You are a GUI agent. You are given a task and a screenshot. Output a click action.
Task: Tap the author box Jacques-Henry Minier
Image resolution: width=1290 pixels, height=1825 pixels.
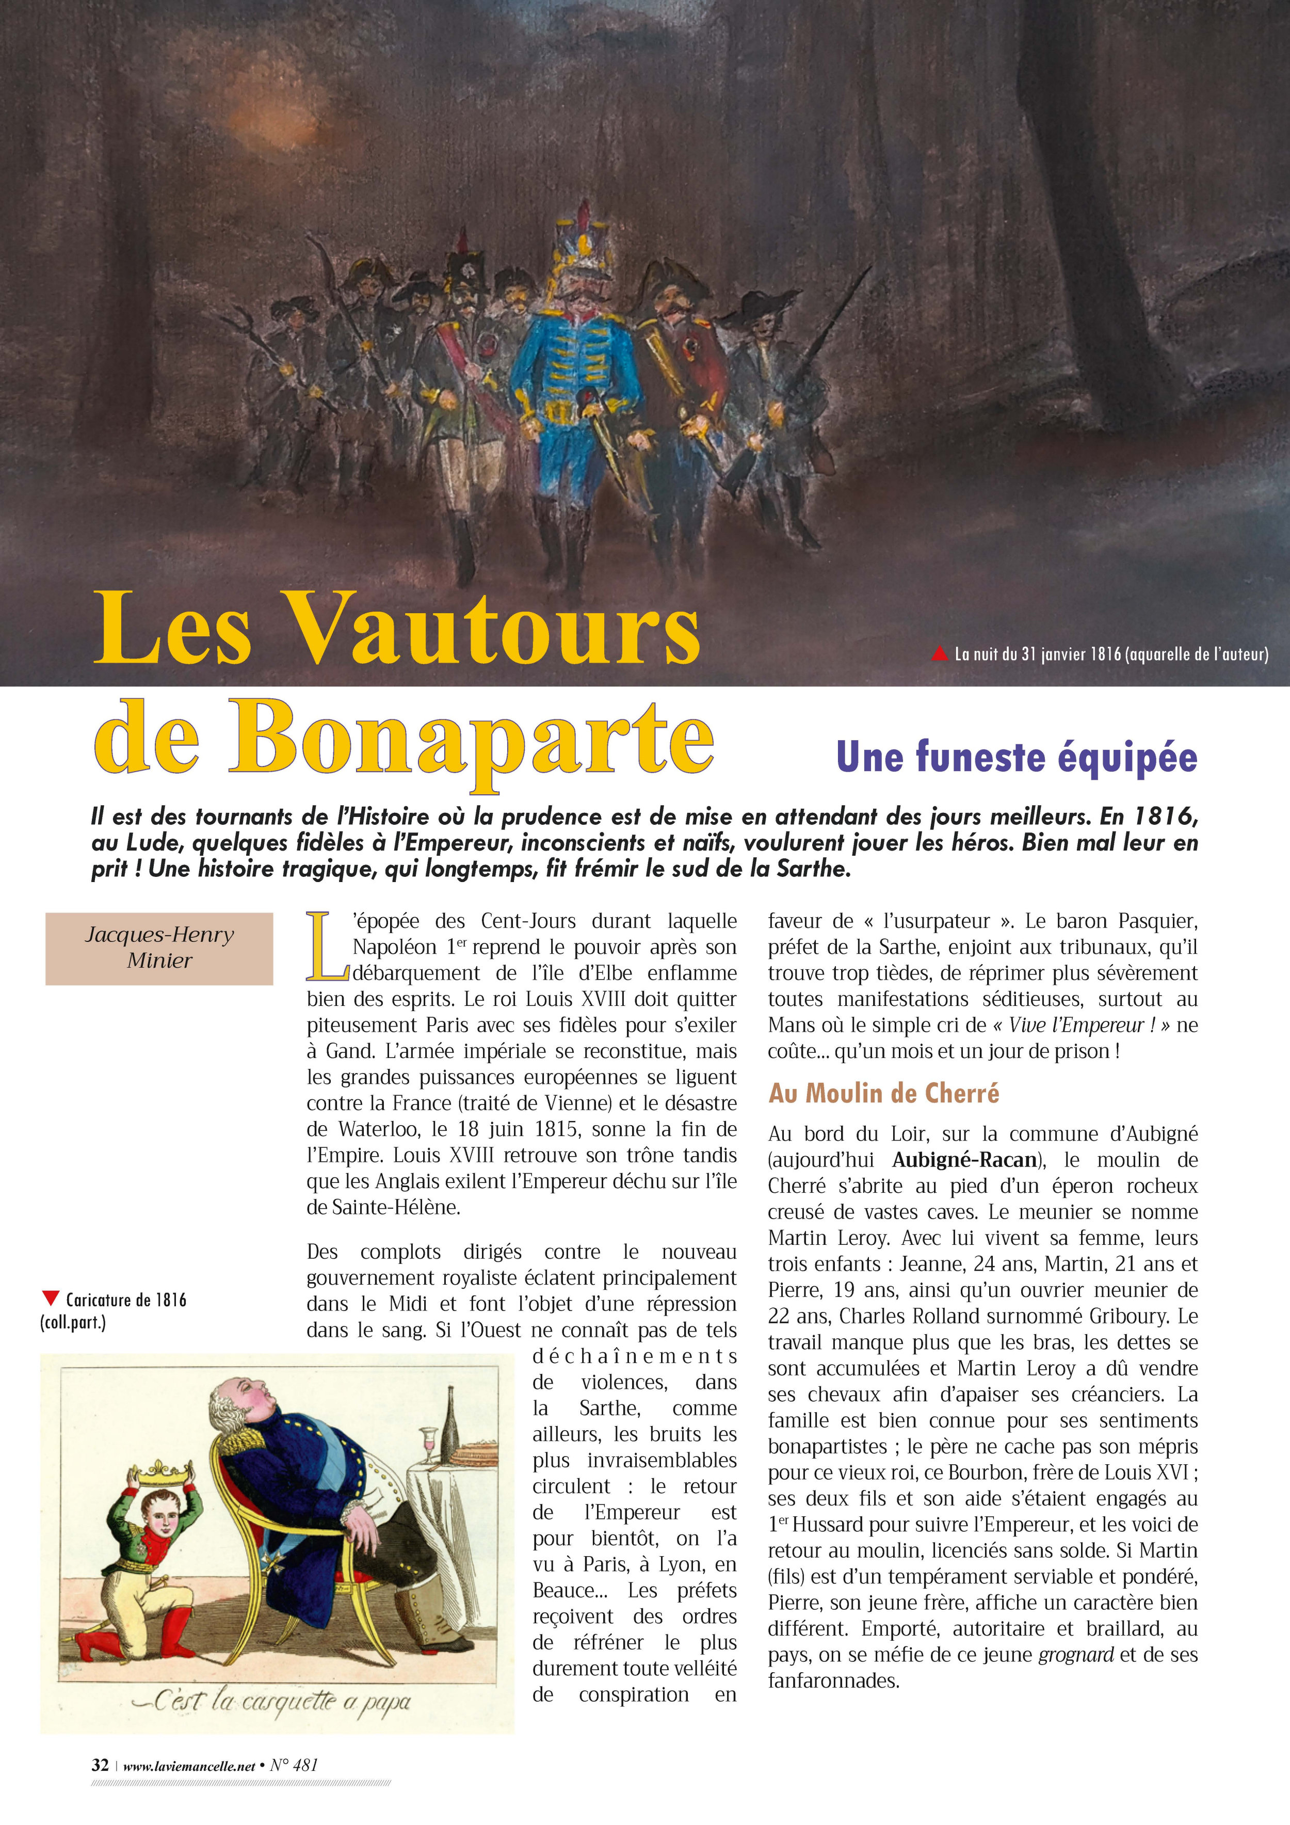[x=159, y=948]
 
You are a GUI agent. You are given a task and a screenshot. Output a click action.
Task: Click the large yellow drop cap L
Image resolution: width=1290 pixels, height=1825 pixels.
[x=326, y=947]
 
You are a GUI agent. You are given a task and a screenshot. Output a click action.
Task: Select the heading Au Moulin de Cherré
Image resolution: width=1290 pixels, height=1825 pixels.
[x=883, y=1094]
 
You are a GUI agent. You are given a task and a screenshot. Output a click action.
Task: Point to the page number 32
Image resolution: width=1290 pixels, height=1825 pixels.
[x=100, y=1765]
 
